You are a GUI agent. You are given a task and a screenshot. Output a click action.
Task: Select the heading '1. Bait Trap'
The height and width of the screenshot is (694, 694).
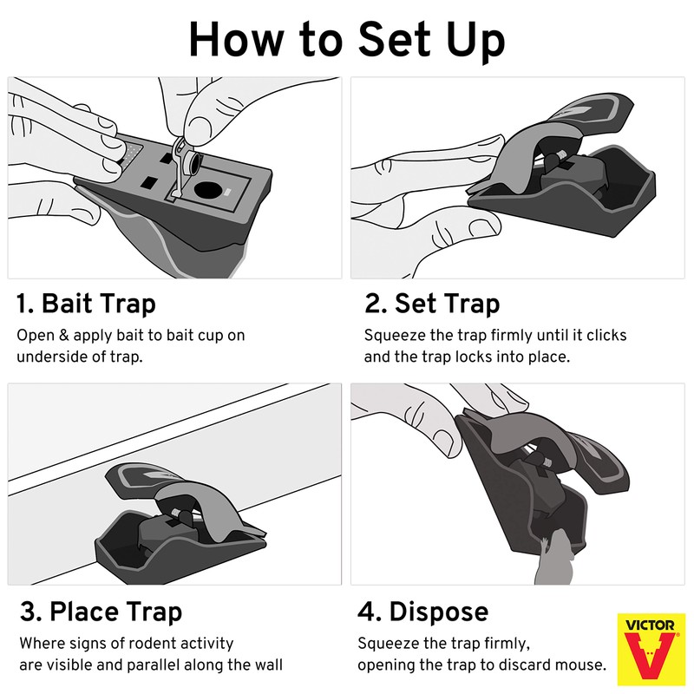click(86, 304)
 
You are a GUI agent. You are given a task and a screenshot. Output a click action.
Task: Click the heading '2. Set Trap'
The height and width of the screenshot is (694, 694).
click(432, 304)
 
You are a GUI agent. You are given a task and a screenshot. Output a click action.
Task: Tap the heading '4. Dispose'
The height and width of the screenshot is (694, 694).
click(422, 612)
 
